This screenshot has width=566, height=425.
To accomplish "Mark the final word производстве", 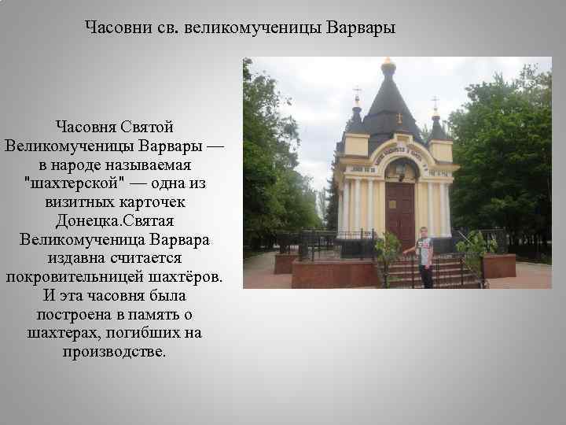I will coord(114,352).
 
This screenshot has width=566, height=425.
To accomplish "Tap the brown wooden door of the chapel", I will coord(400,209).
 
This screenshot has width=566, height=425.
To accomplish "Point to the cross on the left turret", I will coord(357,92).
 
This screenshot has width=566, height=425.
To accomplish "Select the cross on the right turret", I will coord(435,102).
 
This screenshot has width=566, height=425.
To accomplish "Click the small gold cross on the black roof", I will coord(399,118).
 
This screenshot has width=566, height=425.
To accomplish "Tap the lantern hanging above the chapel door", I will coord(400,167).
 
